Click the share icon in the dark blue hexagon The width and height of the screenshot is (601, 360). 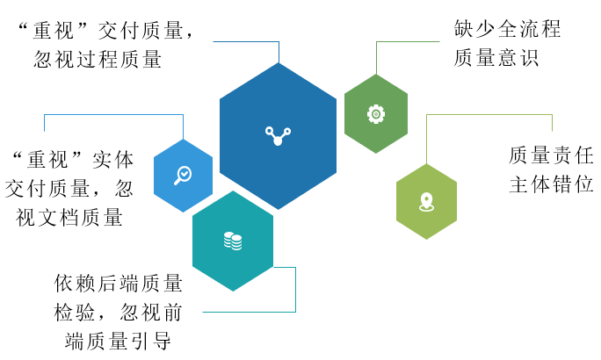[x=278, y=136]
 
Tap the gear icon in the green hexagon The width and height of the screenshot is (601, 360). [x=376, y=114]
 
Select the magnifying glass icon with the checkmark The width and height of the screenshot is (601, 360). [x=183, y=176]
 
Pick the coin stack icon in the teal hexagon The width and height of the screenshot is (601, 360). [x=233, y=241]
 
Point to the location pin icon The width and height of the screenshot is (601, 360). [x=427, y=202]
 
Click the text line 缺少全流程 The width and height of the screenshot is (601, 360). [x=508, y=29]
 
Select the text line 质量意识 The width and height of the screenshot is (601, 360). [x=496, y=58]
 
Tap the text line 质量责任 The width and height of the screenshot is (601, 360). [x=551, y=155]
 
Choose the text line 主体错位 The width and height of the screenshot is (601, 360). [x=551, y=184]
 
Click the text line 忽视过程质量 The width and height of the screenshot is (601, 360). [x=98, y=60]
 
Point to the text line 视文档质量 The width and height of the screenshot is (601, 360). [x=69, y=217]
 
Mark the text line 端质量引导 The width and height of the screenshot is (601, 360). [x=118, y=341]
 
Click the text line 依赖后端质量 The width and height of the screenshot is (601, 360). [x=118, y=284]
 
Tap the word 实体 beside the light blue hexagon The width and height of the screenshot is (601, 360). [x=112, y=160]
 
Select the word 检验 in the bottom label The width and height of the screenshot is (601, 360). [x=75, y=312]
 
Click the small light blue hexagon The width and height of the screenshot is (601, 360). [x=184, y=176]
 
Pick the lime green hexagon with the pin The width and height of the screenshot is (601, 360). [x=427, y=202]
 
